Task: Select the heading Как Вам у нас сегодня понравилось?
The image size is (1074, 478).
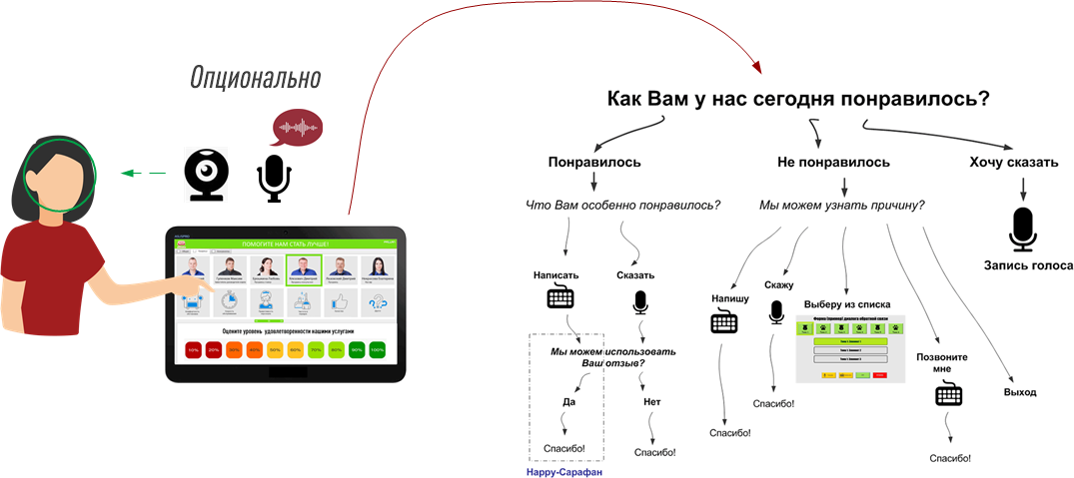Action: tap(798, 100)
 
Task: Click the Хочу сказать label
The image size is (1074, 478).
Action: tap(1014, 162)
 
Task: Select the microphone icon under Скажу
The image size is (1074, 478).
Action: tap(776, 313)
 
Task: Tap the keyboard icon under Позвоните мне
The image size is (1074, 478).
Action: tap(948, 395)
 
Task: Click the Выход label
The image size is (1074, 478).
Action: tap(1019, 392)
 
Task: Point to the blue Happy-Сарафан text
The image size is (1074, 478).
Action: tap(564, 470)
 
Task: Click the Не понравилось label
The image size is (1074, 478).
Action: tap(833, 162)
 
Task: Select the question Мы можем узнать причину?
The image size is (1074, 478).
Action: tap(841, 206)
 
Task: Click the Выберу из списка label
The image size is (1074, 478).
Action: tap(847, 304)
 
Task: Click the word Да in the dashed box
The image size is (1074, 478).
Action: tap(567, 402)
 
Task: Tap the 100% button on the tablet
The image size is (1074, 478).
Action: tap(377, 350)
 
